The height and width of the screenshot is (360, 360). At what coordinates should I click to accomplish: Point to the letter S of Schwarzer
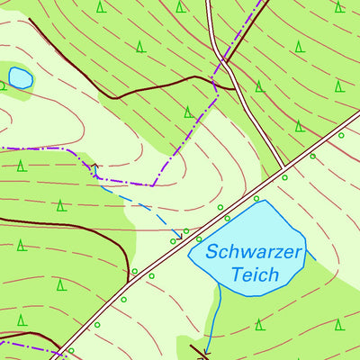click(211, 251)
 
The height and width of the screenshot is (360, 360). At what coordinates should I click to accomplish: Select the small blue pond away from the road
click(20, 78)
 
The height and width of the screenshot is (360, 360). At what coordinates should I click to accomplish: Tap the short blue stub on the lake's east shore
click(311, 256)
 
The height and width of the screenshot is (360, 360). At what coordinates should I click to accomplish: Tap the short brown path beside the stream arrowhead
click(199, 350)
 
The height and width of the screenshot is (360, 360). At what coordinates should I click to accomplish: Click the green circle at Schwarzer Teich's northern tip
click(256, 198)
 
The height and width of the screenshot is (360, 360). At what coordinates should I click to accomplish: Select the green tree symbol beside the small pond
click(3, 86)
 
